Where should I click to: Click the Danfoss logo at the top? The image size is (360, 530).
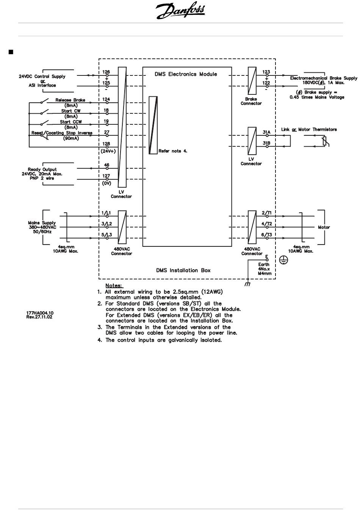coord(180,11)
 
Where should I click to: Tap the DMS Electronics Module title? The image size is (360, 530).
coord(186,74)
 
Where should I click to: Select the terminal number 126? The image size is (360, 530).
coord(106,72)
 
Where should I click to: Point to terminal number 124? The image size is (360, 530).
coord(106,99)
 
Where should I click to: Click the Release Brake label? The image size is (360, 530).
coord(70,100)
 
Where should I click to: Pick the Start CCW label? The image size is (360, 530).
coord(71,122)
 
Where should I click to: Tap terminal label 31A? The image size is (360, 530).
coord(266,132)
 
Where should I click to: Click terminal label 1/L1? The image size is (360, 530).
coord(106,213)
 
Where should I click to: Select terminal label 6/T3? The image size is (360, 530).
coord(267,235)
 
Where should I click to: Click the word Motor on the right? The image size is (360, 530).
coord(324,227)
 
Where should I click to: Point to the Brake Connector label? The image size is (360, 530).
coord(251,101)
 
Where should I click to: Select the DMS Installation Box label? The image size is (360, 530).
coord(183,270)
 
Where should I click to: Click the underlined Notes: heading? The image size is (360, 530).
coord(114,285)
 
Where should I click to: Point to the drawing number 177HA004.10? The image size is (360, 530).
coord(40,313)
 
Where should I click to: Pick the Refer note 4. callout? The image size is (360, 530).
coord(173,151)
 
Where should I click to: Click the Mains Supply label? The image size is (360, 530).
coord(42,223)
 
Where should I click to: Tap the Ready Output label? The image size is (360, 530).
coord(42,169)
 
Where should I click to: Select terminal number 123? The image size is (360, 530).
coord(266,72)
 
